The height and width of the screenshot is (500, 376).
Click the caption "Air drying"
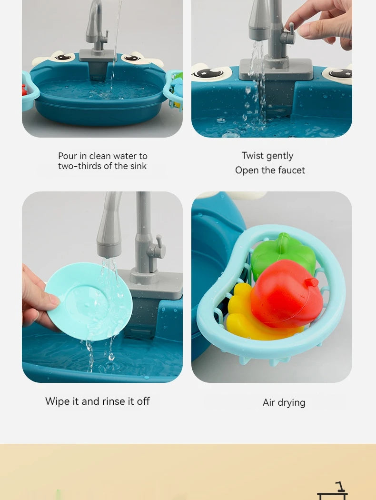(x=284, y=402)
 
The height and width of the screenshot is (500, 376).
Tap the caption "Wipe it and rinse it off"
(x=98, y=401)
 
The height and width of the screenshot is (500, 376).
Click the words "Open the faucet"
(x=270, y=170)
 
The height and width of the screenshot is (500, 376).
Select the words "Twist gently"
(x=267, y=156)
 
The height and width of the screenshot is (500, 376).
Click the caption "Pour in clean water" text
(x=103, y=156)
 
